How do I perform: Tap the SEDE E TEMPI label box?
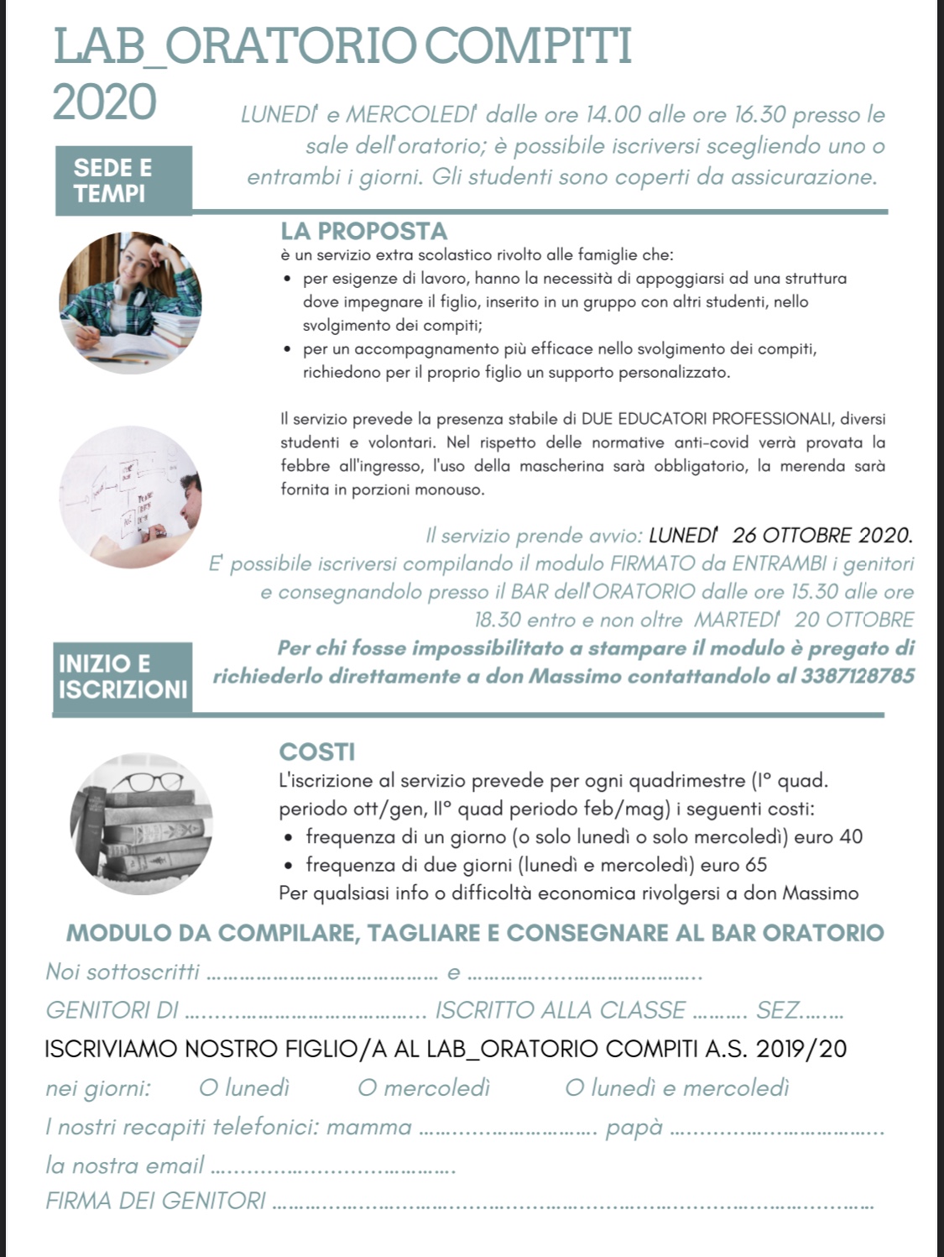pos(123,181)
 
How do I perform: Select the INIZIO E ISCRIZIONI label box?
pos(123,677)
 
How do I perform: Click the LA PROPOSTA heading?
pos(363,231)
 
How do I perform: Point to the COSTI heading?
pos(317,752)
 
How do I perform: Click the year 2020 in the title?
pos(105,103)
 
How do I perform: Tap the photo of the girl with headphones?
pos(130,302)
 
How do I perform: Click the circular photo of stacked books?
pos(141,824)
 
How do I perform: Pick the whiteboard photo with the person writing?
pos(130,497)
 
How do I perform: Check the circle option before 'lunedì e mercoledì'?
pos(574,1088)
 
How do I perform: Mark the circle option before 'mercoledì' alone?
pos(367,1088)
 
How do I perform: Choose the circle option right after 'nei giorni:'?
pos(208,1088)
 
